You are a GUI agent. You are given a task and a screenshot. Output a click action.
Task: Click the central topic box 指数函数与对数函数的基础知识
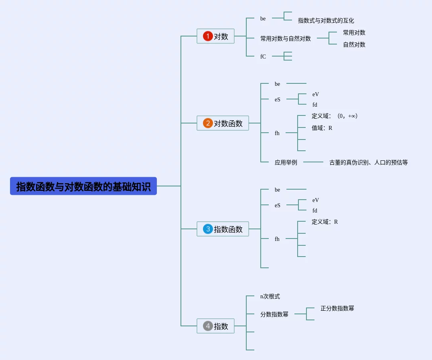(83, 186)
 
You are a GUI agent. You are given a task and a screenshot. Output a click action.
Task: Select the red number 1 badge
(208, 36)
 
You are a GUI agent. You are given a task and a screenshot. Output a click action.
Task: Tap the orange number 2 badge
(208, 123)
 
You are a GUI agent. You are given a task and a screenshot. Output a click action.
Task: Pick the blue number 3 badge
(208, 229)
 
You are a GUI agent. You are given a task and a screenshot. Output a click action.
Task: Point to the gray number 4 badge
(208, 326)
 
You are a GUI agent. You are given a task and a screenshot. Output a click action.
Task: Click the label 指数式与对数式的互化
(326, 20)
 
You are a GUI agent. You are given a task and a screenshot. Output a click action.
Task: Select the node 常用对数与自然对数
(285, 38)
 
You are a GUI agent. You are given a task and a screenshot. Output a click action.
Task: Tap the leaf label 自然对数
(354, 44)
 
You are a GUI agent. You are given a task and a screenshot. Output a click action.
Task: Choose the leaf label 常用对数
(354, 32)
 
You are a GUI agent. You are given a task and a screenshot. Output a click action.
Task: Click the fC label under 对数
(263, 57)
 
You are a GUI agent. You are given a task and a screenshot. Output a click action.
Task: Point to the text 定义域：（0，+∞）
(335, 116)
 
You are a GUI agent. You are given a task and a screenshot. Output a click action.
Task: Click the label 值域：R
(322, 128)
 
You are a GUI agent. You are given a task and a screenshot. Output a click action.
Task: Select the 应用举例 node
(286, 162)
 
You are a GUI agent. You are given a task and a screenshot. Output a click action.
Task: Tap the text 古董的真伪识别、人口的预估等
(368, 162)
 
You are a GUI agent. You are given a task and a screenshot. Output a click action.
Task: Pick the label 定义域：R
(325, 222)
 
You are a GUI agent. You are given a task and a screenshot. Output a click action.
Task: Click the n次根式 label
(270, 296)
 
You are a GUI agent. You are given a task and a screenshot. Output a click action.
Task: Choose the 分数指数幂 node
(274, 314)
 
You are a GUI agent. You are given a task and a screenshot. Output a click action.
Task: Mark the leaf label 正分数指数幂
(337, 308)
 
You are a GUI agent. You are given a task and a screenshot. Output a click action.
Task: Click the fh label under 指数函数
(277, 239)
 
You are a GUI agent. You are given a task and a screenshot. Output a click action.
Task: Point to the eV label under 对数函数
(316, 94)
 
